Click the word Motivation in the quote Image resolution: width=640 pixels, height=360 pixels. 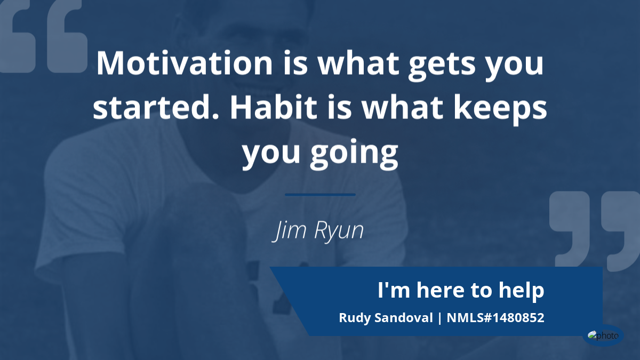pyautogui.click(x=185, y=63)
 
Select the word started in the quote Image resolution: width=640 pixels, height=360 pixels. pyautogui.click(x=156, y=107)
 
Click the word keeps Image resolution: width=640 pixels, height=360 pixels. pyautogui.click(x=500, y=110)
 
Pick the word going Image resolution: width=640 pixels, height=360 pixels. pyautogui.click(x=354, y=154)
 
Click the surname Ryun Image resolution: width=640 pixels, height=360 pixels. pyautogui.click(x=339, y=231)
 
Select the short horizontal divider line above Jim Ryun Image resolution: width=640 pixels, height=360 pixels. pyautogui.click(x=321, y=195)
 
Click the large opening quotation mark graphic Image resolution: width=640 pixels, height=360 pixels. pyautogui.click(x=43, y=36)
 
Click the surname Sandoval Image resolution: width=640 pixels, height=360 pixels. pyautogui.click(x=404, y=318)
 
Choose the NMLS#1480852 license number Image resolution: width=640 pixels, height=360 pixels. pyautogui.click(x=495, y=318)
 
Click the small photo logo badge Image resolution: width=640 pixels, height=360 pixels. pyautogui.click(x=603, y=335)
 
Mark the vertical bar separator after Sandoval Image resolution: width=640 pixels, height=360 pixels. pyautogui.click(x=440, y=318)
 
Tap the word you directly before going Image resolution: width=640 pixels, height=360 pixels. pyautogui.click(x=271, y=154)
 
